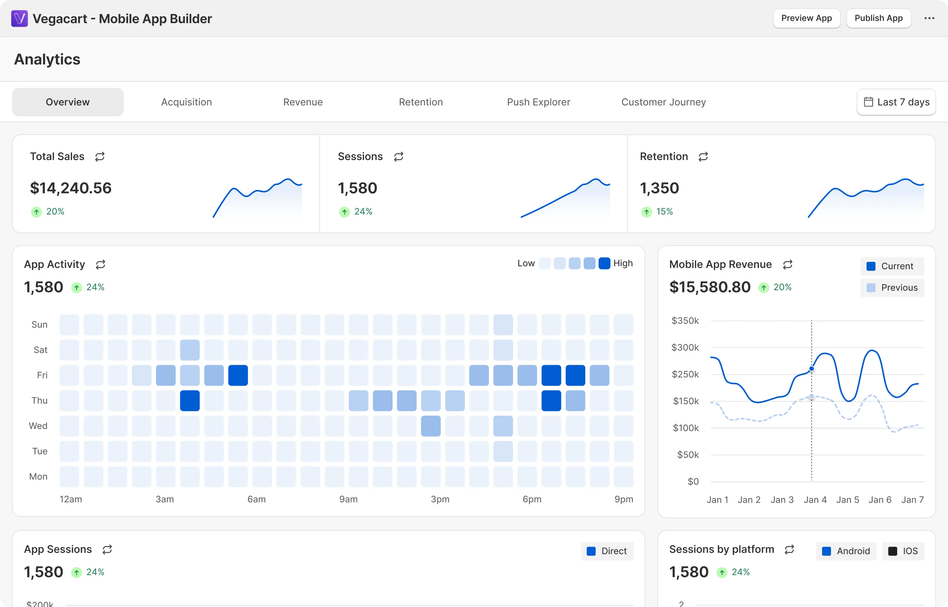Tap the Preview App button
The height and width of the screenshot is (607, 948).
tap(807, 18)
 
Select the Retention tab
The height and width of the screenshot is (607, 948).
tap(421, 102)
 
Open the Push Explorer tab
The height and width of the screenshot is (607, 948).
tap(538, 102)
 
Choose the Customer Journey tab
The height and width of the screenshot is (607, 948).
tap(663, 102)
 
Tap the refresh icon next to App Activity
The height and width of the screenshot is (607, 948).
tap(101, 264)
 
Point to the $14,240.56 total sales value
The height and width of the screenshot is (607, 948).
tap(71, 188)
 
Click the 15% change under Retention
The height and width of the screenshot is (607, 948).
tap(664, 212)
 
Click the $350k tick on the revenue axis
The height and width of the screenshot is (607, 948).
tap(685, 320)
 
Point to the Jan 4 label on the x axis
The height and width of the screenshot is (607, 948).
tap(815, 500)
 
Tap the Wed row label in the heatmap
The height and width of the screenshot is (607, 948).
tap(38, 426)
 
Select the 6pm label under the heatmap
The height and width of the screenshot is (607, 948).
tap(532, 499)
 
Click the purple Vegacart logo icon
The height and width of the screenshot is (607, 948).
tap(19, 19)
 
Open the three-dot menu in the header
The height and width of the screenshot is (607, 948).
tap(929, 18)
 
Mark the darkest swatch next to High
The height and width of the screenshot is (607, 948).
tap(604, 263)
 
